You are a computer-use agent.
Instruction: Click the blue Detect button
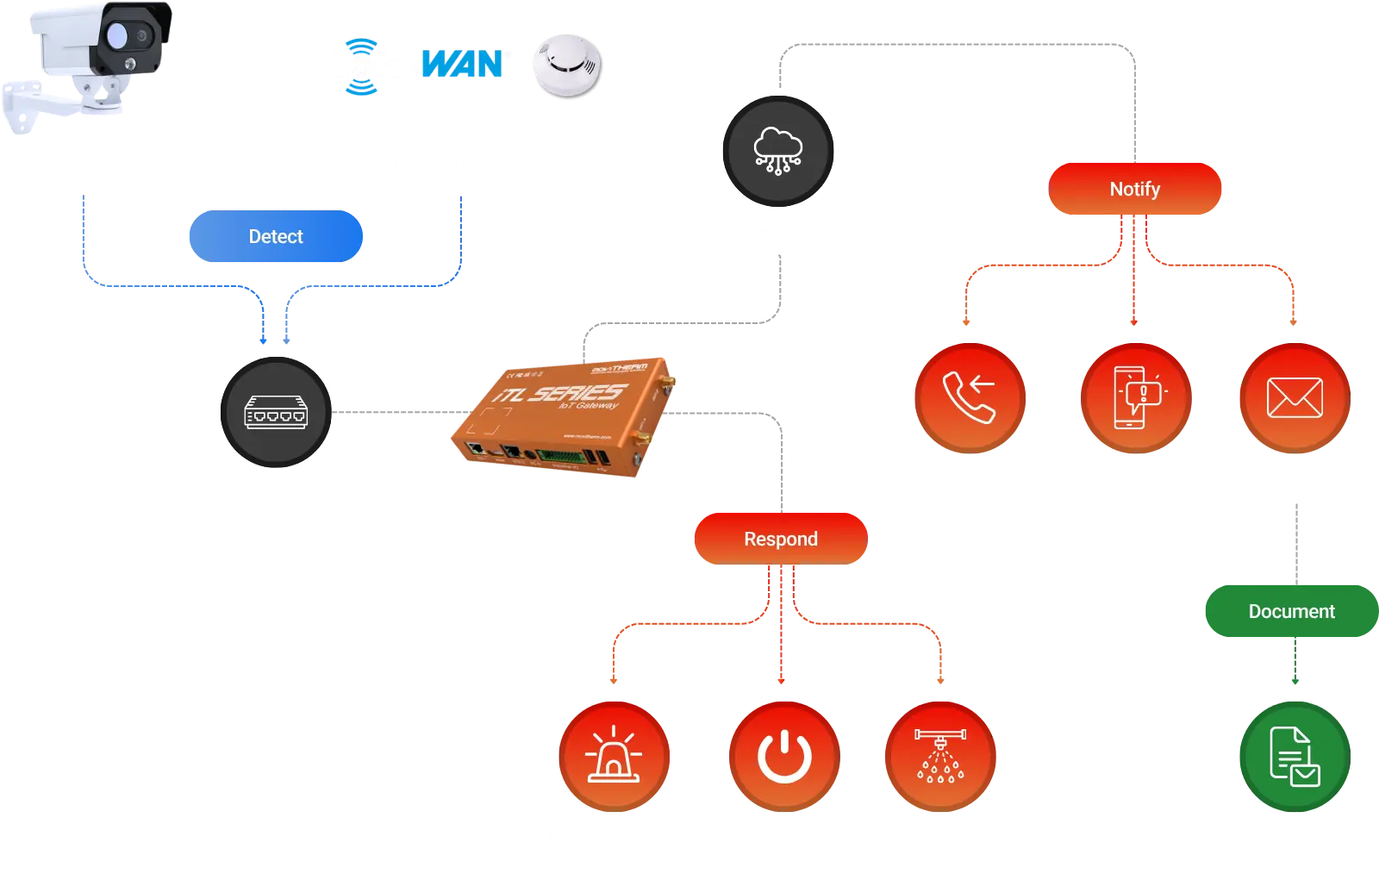click(275, 236)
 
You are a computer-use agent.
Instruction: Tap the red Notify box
click(1134, 189)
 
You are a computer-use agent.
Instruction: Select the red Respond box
click(780, 539)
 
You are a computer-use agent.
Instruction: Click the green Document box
click(1291, 611)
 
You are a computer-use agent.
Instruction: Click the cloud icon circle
click(778, 151)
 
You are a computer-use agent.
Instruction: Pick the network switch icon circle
click(276, 413)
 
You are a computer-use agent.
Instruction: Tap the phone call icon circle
click(970, 397)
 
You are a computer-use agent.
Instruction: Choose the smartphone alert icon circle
click(1136, 397)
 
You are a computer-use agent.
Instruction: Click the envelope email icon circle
click(1295, 397)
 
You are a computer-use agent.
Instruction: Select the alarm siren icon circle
click(614, 756)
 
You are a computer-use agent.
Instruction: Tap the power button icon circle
click(783, 756)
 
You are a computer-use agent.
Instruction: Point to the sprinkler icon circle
click(940, 756)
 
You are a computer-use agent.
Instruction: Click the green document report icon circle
click(1295, 756)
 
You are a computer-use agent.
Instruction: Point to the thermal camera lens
click(117, 34)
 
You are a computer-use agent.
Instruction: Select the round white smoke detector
click(565, 63)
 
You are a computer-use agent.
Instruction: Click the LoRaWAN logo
click(418, 65)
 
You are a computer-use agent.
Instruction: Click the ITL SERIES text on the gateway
click(560, 393)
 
